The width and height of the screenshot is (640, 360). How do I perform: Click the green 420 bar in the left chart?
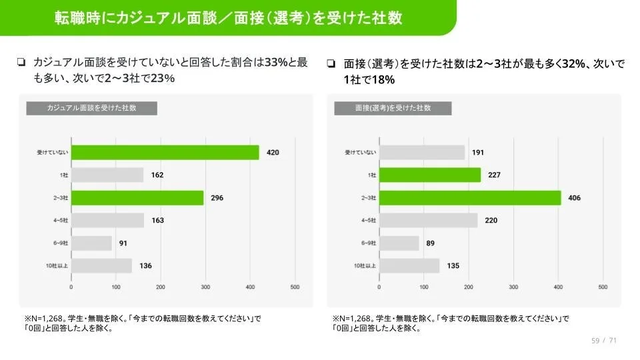coord(165,153)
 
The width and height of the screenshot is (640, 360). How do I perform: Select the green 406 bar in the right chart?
coord(470,198)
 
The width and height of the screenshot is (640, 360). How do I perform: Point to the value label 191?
coord(477,153)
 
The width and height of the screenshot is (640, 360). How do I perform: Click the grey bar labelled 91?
coord(91,243)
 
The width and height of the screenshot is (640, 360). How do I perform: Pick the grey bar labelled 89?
coord(399,243)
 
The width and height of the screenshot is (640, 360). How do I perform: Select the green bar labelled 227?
coord(429,175)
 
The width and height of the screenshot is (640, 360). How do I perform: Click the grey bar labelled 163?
coord(107,221)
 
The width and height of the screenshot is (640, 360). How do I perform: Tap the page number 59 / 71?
coord(604,341)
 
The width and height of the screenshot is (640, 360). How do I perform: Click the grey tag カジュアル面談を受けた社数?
coord(91,108)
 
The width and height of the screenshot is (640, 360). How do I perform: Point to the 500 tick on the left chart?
coord(295,287)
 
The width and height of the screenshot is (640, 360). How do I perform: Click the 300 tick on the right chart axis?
coord(513,287)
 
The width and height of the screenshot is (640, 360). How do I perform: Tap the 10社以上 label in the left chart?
coord(56,266)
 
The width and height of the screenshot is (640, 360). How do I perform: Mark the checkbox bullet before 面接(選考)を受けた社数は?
coord(331,64)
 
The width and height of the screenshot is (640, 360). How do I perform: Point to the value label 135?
coord(453,266)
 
